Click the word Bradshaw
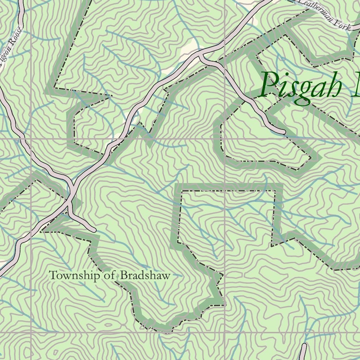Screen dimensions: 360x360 145,275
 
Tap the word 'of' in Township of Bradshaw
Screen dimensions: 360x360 109,275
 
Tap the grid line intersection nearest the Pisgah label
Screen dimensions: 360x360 225,139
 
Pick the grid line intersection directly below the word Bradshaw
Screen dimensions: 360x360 225,332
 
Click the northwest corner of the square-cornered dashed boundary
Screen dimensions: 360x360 181,191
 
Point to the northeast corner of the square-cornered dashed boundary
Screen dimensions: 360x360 275,191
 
